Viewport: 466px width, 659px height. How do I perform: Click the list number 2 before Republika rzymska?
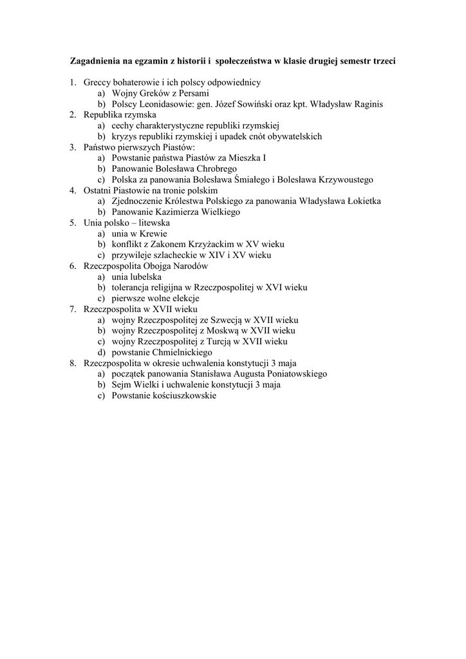73,115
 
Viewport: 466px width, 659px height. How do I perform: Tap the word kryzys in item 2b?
124,136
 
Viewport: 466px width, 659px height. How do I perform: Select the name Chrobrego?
208,169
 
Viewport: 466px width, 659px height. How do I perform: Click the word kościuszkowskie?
183,396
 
